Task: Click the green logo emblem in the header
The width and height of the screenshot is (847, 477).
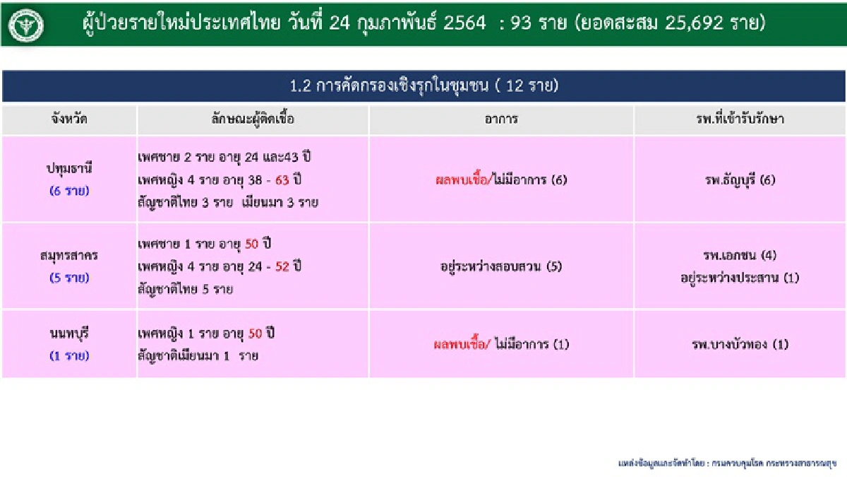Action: [27, 25]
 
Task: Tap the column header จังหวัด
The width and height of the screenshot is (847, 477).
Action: [69, 119]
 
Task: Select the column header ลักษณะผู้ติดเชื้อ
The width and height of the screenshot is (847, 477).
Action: [252, 119]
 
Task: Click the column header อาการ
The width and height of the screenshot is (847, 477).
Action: [501, 119]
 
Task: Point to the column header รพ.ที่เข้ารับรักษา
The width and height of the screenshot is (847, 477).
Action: [740, 119]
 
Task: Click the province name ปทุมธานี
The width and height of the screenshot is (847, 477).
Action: [69, 169]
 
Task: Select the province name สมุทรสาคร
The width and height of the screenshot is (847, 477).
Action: [69, 255]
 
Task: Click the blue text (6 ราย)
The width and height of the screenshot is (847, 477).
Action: [69, 191]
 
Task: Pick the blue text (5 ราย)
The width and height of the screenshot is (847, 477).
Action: [69, 278]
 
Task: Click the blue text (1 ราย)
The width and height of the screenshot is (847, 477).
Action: [69, 355]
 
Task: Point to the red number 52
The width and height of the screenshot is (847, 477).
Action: [283, 266]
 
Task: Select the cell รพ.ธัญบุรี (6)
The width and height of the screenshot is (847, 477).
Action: [740, 179]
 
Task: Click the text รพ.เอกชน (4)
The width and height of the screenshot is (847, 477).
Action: [740, 255]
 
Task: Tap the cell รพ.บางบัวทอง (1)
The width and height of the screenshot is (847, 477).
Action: [740, 345]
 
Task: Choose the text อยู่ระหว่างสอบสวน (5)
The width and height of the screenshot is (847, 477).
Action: [500, 267]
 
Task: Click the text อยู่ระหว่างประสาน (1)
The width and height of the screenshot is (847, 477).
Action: [740, 278]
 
